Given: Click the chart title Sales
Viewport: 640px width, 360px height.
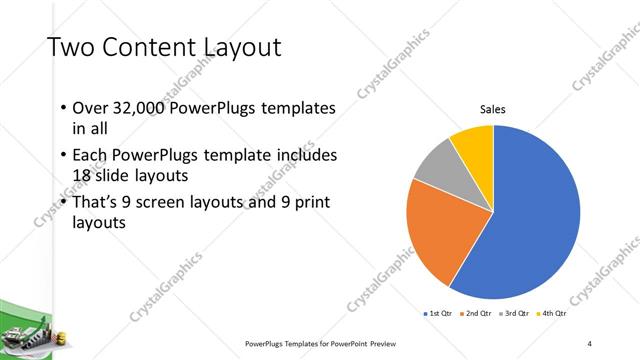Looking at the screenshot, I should coord(493,109).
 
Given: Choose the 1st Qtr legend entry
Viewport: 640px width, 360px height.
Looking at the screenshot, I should coord(439,314).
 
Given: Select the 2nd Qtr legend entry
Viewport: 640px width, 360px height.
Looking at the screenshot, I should coord(476,314).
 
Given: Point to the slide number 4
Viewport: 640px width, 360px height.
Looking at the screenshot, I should coord(590,344).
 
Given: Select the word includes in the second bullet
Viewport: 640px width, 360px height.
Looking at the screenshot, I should coord(306,156).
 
